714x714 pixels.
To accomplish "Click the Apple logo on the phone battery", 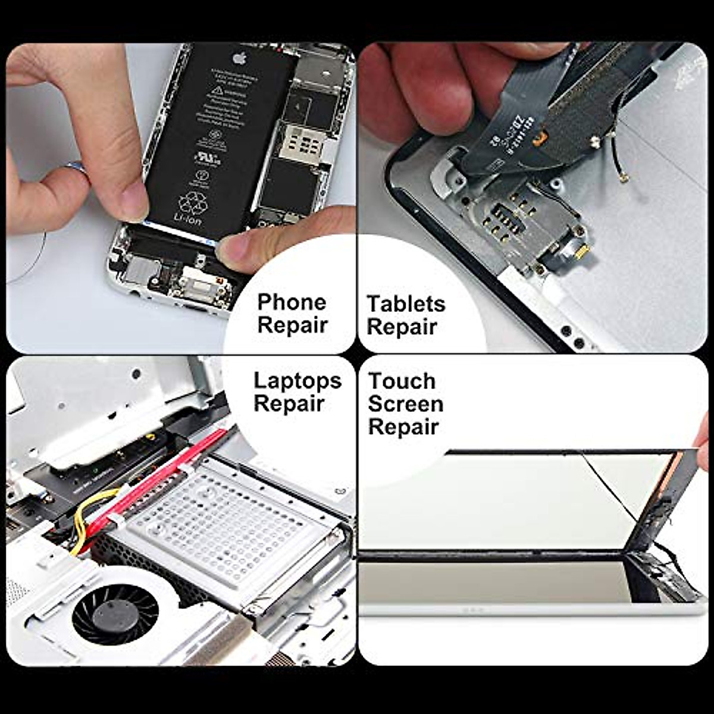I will (x=239, y=58).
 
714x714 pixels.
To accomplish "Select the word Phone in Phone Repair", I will (x=292, y=302).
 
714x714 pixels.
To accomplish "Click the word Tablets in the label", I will (x=406, y=304).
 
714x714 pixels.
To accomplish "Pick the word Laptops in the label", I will (x=297, y=381).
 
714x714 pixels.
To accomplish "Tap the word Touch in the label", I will (x=402, y=381).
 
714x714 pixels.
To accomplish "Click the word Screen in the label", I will (x=405, y=404).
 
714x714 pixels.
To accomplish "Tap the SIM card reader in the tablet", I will (x=512, y=220).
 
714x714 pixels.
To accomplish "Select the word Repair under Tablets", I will (x=402, y=327).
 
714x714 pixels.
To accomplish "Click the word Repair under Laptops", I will (x=289, y=404).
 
